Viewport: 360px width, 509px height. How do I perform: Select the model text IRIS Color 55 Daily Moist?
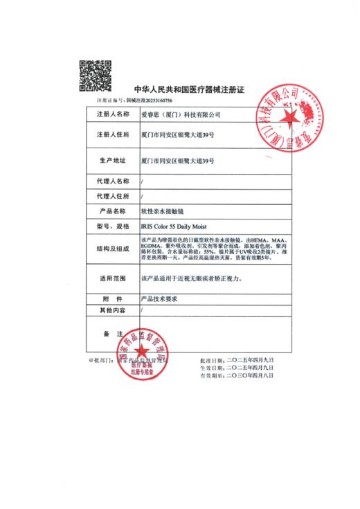pos(177,226)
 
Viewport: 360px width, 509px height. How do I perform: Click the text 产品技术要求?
pos(160,301)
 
